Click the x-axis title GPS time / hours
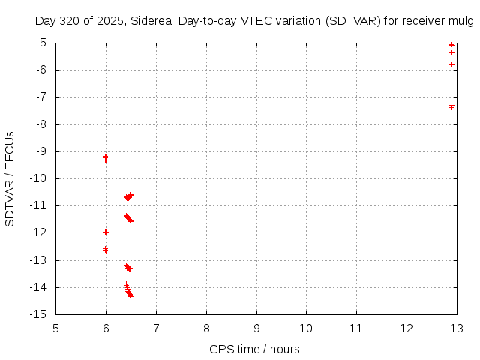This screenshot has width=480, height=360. pos(254,349)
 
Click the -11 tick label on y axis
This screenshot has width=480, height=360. pos(40,205)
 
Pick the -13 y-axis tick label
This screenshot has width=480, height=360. pos(40,260)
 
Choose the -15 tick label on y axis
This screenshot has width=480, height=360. pos(40,314)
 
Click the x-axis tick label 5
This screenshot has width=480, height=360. pos(56,328)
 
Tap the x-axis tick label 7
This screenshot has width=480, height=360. pos(156,328)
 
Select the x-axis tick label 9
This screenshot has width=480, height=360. pos(256,328)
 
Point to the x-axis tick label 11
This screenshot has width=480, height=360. pos(356,328)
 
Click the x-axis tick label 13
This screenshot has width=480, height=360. pos(456,328)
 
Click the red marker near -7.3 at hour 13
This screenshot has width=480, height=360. pos(451,106)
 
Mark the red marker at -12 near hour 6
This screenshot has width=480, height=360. pos(106,232)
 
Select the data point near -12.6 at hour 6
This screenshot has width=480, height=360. pos(106,250)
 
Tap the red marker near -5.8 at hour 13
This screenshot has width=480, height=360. pos(451,64)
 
